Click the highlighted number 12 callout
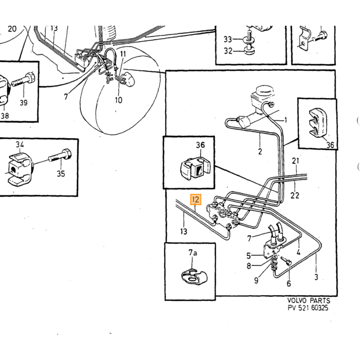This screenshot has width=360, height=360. click(x=195, y=200)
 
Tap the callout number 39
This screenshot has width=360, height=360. click(x=24, y=103)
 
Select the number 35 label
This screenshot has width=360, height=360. click(x=61, y=174)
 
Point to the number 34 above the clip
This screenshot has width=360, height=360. click(x=20, y=145)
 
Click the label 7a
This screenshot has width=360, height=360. click(x=193, y=253)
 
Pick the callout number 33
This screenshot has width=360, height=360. click(x=228, y=40)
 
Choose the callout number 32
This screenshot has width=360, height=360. click(x=228, y=51)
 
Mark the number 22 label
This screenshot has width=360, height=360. click(x=295, y=195)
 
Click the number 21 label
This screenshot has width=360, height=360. click(x=296, y=160)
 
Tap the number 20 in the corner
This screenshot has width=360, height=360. click(x=12, y=29)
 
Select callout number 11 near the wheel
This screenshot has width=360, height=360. click(x=123, y=54)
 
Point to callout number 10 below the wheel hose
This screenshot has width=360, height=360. click(x=118, y=100)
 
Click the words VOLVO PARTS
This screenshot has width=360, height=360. click(x=309, y=300)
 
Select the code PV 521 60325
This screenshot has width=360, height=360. click(x=308, y=308)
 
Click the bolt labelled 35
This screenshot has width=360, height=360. click(x=60, y=155)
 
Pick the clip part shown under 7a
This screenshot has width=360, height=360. click(x=194, y=277)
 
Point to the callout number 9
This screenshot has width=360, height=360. click(x=256, y=280)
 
